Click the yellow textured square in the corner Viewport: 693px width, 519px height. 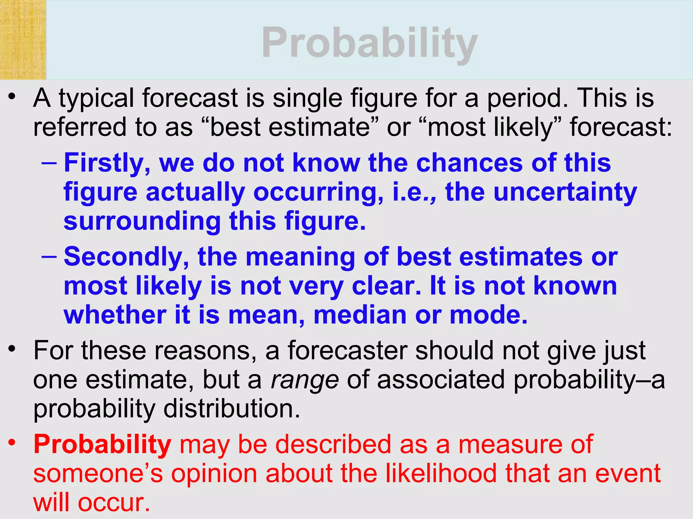(23, 40)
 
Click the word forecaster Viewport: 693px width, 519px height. (348, 351)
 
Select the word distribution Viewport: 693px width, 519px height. (232, 409)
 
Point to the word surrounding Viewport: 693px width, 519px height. (142, 221)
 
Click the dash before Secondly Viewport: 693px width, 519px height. (49, 256)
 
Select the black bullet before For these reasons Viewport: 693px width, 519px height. (12, 348)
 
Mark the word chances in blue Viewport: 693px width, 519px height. (469, 163)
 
